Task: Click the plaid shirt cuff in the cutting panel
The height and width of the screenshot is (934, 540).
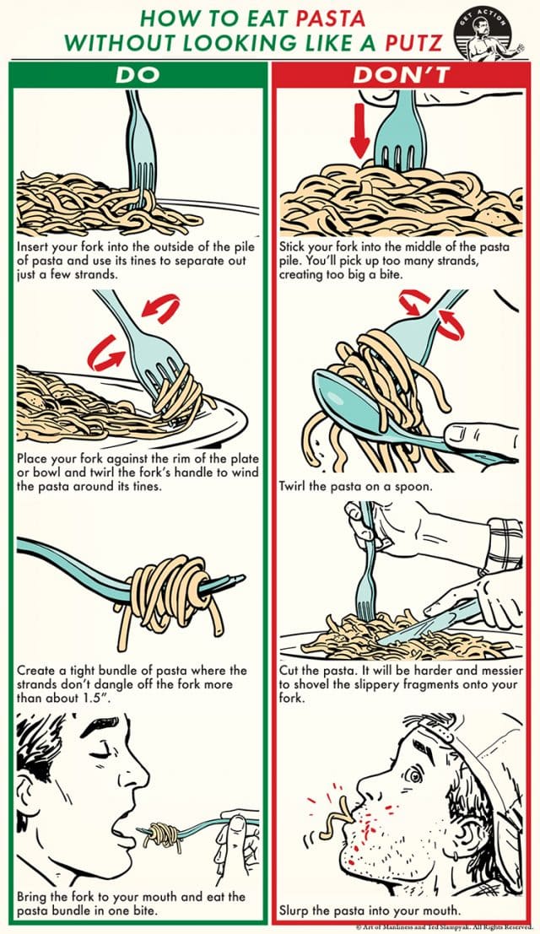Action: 504,541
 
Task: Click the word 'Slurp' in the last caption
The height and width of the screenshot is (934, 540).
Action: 296,910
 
